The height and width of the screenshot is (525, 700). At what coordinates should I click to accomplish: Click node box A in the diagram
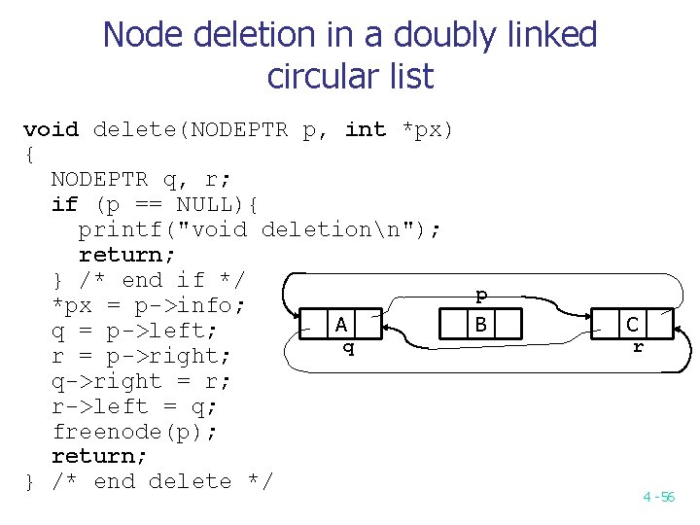point(341,324)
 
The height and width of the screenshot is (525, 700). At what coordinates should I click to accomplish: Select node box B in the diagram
point(481,323)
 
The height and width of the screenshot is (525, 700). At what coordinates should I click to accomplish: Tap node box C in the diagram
point(633,325)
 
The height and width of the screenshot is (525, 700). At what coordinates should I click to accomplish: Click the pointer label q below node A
point(348,347)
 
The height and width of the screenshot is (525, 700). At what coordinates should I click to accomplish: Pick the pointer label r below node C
point(638,345)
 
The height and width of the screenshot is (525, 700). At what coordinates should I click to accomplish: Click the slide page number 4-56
point(658,497)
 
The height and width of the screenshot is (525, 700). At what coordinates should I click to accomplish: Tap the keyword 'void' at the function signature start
point(51,129)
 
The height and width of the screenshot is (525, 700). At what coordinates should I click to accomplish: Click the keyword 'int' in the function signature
point(366,129)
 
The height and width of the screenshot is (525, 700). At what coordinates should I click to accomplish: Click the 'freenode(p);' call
point(136,431)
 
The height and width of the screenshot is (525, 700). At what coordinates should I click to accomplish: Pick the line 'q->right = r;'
point(142,380)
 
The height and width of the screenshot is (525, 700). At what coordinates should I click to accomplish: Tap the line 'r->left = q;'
point(136,405)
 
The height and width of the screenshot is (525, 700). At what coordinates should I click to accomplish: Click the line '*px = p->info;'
point(148,305)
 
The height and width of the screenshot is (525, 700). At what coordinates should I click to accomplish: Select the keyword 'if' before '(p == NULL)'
point(65,204)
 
